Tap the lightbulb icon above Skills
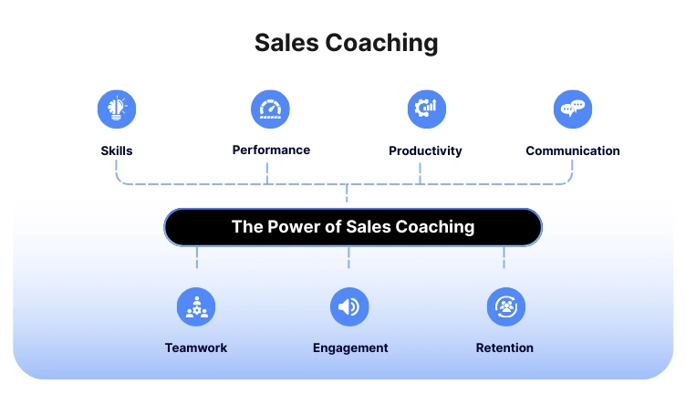tap(117, 109)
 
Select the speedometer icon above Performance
tap(270, 109)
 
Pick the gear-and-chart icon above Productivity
tap(426, 109)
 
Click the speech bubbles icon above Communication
tap(573, 109)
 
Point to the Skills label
tap(117, 150)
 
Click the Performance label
tap(271, 150)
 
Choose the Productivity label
tap(425, 150)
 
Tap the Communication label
tap(573, 150)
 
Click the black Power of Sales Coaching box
tap(353, 227)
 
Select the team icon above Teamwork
tap(196, 307)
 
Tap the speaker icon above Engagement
tap(349, 307)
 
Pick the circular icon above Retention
tap(505, 307)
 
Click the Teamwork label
tap(196, 347)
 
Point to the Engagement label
tap(350, 347)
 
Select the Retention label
tap(504, 347)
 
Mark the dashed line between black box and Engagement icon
tap(349, 260)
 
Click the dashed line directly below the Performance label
tap(268, 172)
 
